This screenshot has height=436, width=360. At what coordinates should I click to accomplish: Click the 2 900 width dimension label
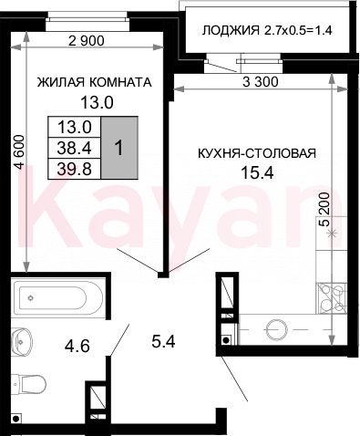point(87,41)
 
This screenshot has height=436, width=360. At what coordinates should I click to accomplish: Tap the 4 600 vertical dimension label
point(20,152)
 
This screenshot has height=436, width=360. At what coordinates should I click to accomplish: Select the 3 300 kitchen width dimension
point(261,82)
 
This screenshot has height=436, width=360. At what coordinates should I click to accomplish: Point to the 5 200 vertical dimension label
point(324,209)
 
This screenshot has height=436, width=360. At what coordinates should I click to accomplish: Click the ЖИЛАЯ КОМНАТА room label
point(94,82)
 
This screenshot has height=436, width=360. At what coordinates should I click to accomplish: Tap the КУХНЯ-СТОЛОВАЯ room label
point(257,153)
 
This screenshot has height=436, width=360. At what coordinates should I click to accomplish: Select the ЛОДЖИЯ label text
point(231,30)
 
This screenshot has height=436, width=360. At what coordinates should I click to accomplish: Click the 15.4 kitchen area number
point(257,172)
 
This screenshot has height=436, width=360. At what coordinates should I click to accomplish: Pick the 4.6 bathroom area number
point(77,346)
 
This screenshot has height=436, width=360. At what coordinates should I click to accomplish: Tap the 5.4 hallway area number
point(163,341)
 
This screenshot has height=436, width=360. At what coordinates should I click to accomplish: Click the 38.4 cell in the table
point(75,148)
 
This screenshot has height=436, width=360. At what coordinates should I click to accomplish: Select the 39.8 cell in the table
point(75,169)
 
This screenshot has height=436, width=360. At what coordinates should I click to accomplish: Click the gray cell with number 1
point(119,148)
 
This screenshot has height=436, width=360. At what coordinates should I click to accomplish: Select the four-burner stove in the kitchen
point(331,298)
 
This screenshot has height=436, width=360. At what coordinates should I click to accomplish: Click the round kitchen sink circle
point(276,329)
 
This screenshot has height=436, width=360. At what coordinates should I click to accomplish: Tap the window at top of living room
point(87,20)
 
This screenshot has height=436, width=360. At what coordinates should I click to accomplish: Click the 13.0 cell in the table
point(75,127)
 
